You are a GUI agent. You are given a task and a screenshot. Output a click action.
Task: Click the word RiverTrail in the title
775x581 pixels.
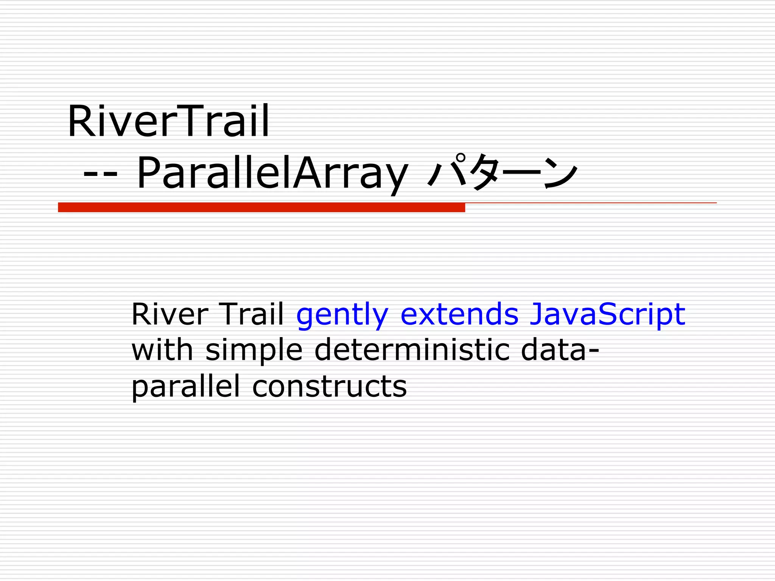click(x=168, y=121)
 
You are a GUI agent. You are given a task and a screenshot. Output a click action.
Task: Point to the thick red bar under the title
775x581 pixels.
click(x=261, y=207)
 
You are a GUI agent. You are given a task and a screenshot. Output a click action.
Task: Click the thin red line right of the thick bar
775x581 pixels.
click(x=590, y=203)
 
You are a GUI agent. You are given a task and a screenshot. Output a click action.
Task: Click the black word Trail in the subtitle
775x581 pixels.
click(x=252, y=314)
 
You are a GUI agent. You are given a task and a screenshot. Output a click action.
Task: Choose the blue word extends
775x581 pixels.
click(x=459, y=314)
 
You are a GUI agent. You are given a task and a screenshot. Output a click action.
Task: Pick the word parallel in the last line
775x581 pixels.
click(x=185, y=387)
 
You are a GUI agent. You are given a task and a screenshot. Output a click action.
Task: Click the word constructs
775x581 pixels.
click(x=329, y=387)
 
